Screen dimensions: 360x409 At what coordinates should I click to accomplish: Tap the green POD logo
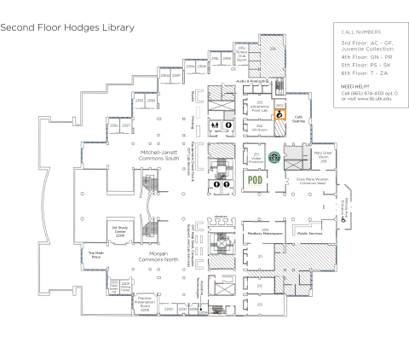click(x=253, y=180)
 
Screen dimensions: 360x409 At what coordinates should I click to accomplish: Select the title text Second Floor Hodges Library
click(x=67, y=27)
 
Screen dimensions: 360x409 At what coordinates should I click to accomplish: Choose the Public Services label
click(x=308, y=231)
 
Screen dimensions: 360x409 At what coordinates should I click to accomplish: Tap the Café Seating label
click(x=298, y=119)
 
